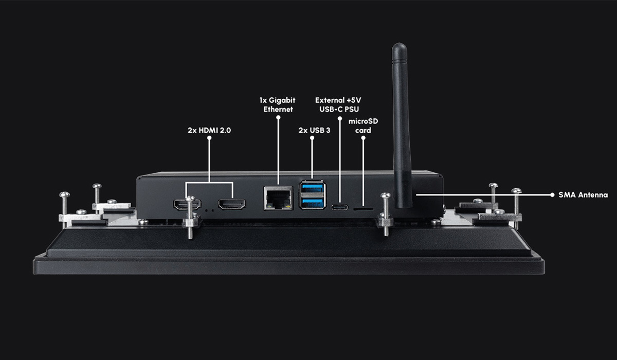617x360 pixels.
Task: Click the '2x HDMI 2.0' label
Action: point(209,130)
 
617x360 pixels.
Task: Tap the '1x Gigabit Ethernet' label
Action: point(278,105)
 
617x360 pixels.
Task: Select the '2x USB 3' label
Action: point(314,130)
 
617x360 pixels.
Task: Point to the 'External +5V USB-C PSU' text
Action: point(338,105)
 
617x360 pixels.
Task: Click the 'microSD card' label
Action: point(364,125)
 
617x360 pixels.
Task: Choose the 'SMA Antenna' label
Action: point(583,195)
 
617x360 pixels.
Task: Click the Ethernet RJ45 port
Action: point(279,198)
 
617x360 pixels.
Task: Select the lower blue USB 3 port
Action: point(313,203)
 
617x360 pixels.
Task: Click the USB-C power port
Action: point(340,207)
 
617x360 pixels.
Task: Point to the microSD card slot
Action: point(364,209)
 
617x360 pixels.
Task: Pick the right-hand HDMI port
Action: point(232,204)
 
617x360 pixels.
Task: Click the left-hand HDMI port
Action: point(187,204)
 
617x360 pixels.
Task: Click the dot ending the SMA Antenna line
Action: point(552,195)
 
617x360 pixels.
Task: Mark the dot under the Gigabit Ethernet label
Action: point(278,118)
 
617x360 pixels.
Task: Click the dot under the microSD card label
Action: point(364,138)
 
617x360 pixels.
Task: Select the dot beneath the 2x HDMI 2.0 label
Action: point(209,138)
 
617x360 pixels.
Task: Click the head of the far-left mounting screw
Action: point(64,194)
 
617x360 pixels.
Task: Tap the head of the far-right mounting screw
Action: point(516,191)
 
